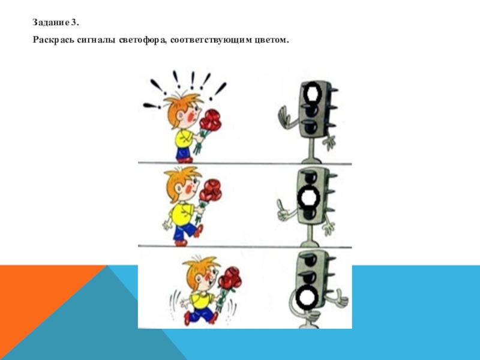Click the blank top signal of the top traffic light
[312, 91]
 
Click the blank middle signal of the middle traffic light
[308, 197]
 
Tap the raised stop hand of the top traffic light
[284, 118]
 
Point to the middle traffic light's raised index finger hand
[282, 211]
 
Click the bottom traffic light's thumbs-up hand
[340, 298]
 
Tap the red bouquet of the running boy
[230, 278]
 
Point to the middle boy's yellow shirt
[182, 214]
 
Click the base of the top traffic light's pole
[311, 161]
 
